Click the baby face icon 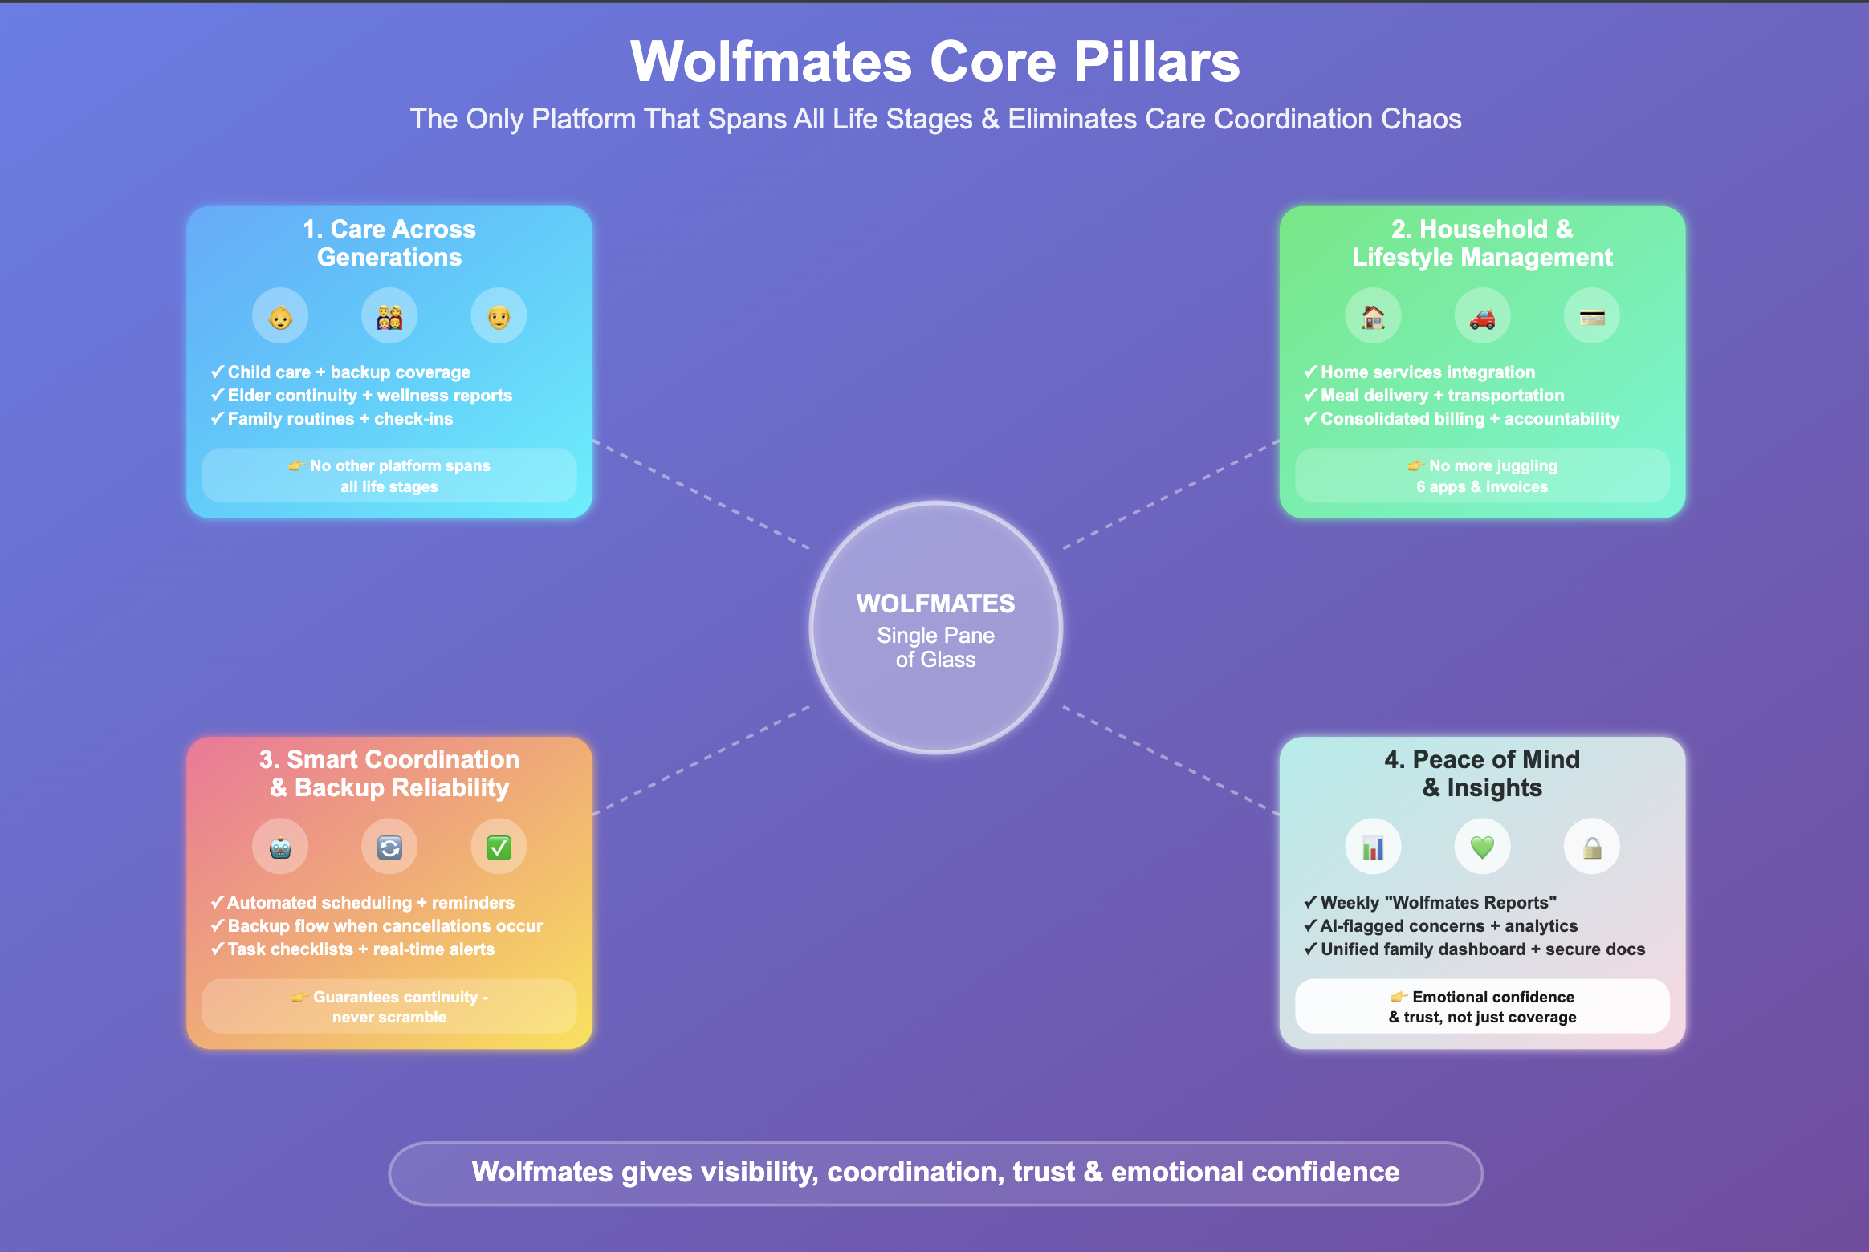(280, 317)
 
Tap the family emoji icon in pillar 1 (389, 317)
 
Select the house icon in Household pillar (1373, 317)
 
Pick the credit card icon (1591, 317)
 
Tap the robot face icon (280, 848)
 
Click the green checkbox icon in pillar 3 (499, 848)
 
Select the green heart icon (1482, 847)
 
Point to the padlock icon (1591, 848)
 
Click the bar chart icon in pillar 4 (1373, 848)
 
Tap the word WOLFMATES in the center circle (935, 604)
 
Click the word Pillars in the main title (1157, 62)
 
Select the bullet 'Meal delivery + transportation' (1442, 396)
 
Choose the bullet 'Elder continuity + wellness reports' (369, 396)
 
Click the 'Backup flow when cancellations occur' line (385, 926)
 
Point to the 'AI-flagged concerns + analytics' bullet (1448, 926)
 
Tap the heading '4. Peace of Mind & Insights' (1482, 773)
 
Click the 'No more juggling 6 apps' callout (1482, 476)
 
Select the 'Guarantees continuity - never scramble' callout (389, 1006)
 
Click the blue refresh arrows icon (389, 848)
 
